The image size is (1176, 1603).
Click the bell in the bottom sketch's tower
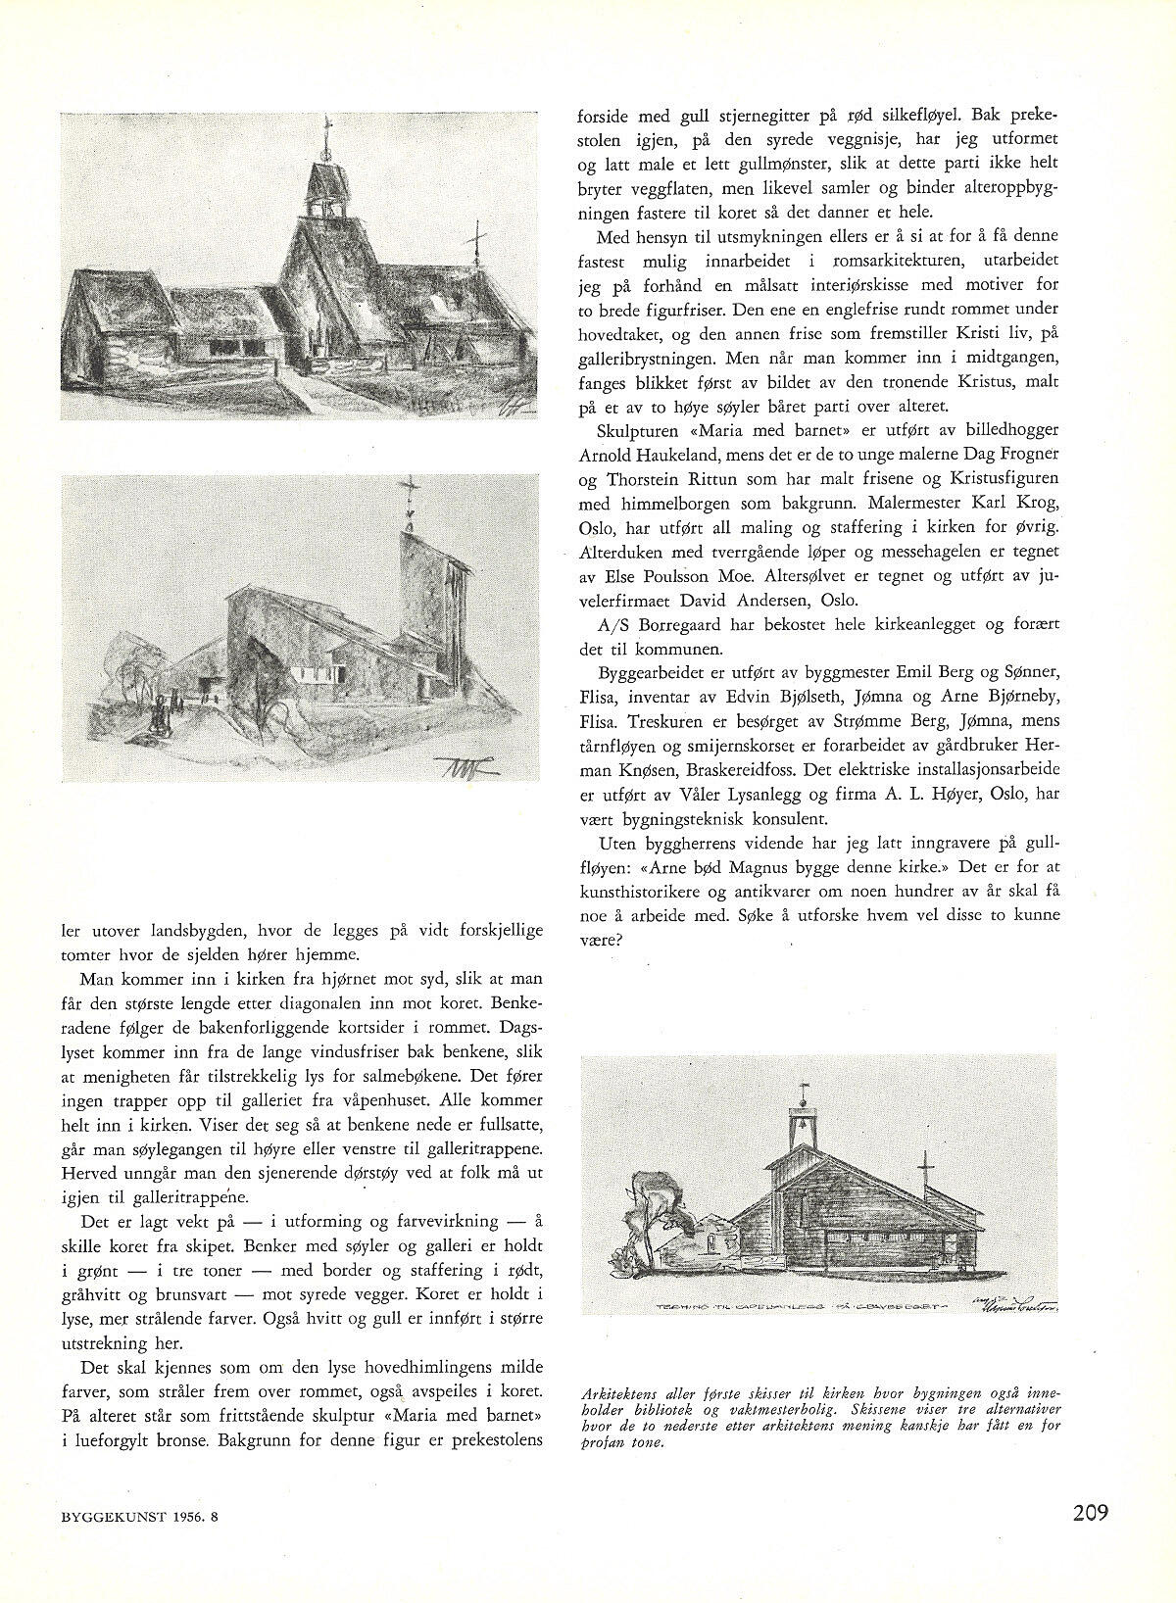click(805, 1122)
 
